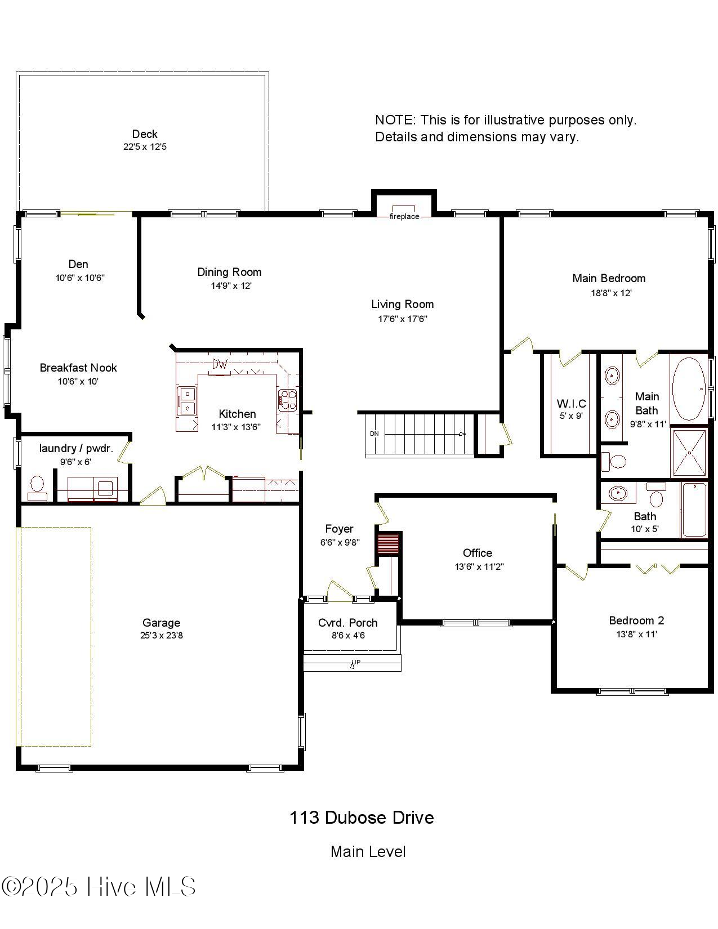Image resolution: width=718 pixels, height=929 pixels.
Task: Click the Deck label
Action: pyautogui.click(x=145, y=134)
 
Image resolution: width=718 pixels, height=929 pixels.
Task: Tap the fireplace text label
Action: pyautogui.click(x=404, y=217)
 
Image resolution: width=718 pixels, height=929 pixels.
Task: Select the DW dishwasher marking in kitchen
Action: pyautogui.click(x=220, y=365)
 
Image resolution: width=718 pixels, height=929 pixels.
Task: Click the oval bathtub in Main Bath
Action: pyautogui.click(x=689, y=388)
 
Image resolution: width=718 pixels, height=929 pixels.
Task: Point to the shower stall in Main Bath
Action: pyautogui.click(x=689, y=453)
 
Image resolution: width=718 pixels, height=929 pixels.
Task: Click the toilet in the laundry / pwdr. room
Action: pyautogui.click(x=37, y=488)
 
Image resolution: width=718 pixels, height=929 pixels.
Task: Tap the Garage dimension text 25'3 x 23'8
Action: pyautogui.click(x=162, y=636)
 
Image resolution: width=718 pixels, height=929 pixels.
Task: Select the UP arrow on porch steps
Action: pyautogui.click(x=355, y=663)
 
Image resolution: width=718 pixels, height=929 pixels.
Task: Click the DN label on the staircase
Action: pyautogui.click(x=374, y=434)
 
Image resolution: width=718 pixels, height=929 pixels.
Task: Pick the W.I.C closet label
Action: pyautogui.click(x=571, y=404)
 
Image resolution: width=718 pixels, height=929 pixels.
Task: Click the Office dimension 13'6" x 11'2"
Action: pyautogui.click(x=479, y=567)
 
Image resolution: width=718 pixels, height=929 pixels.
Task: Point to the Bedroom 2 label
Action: pyautogui.click(x=636, y=620)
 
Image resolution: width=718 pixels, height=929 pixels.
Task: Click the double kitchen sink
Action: pyautogui.click(x=186, y=400)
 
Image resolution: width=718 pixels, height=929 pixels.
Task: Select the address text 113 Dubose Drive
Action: pyautogui.click(x=362, y=818)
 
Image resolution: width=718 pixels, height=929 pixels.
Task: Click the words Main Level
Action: pyautogui.click(x=368, y=851)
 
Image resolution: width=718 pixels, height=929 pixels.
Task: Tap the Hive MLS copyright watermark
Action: pyautogui.click(x=99, y=887)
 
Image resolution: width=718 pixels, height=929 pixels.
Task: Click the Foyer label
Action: pyautogui.click(x=339, y=529)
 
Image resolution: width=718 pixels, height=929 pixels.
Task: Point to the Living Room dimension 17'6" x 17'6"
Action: pyautogui.click(x=402, y=319)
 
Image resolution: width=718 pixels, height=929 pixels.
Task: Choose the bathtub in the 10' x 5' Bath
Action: pyautogui.click(x=694, y=510)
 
